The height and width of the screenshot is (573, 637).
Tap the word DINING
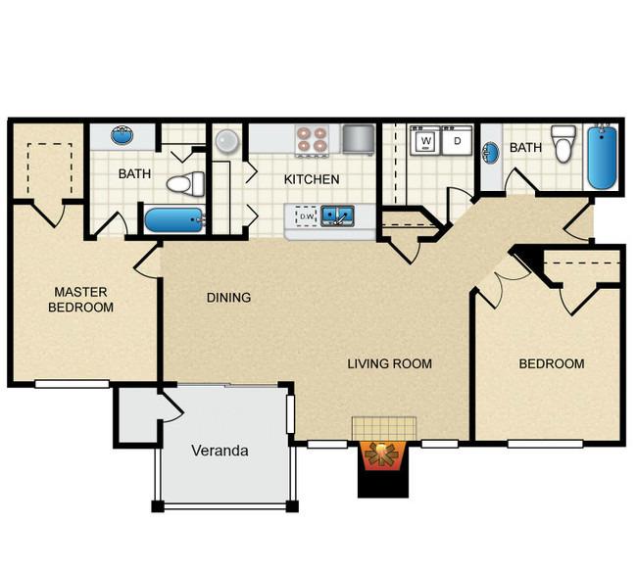[228, 298]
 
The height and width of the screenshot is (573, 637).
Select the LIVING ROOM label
[389, 364]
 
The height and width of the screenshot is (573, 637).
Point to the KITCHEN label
[312, 179]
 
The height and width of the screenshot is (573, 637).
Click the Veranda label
[219, 452]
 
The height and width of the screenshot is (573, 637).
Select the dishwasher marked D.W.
[307, 215]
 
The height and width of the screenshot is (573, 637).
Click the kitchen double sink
[338, 215]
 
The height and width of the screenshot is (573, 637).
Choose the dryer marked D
[456, 141]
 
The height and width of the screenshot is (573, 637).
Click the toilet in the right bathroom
[563, 144]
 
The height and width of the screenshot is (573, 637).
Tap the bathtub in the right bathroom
[602, 157]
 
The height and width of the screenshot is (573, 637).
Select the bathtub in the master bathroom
[174, 219]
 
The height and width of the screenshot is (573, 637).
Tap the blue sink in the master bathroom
[122, 136]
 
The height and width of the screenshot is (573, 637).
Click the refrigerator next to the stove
[359, 139]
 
